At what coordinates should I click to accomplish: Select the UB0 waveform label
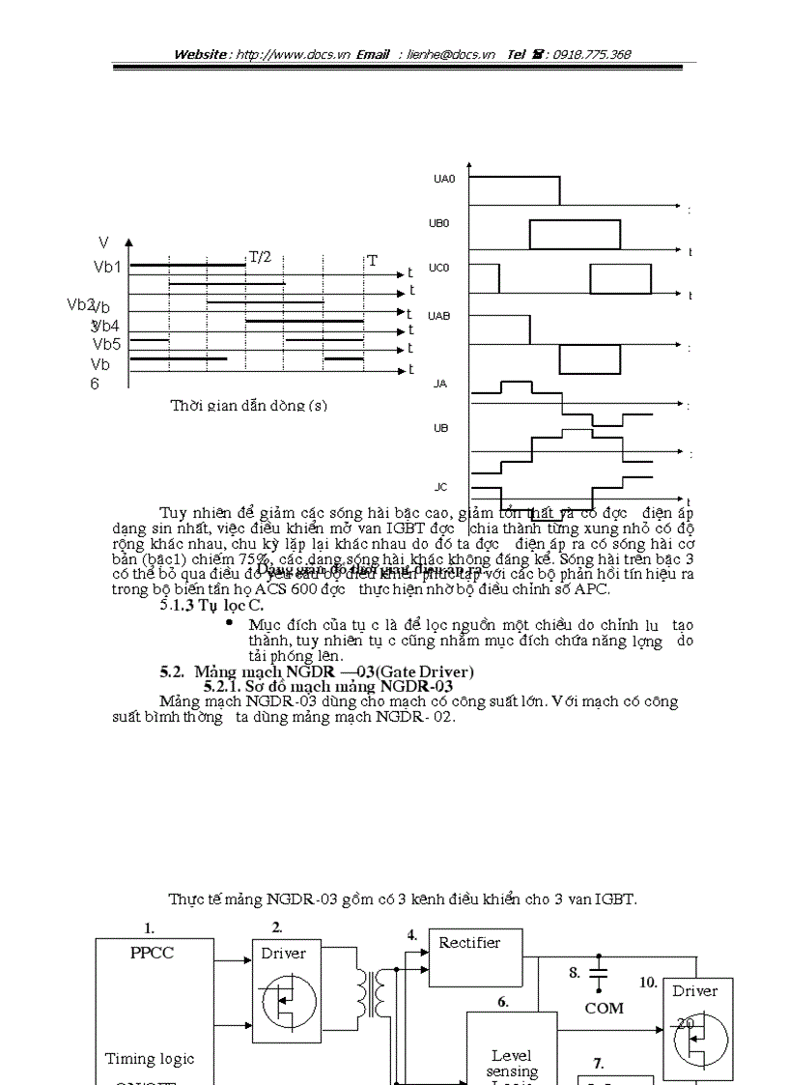coord(439,223)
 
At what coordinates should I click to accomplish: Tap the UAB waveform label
coord(439,316)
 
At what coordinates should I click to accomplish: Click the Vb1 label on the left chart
coord(107,267)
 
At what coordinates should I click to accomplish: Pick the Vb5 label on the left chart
coord(106,344)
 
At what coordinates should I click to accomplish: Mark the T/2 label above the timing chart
coord(261,257)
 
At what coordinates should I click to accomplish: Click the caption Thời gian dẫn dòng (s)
coord(248,406)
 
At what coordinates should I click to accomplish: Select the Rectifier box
coord(470,943)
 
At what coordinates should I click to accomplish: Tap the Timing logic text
coord(150,1059)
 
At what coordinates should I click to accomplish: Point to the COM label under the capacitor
coord(605,1008)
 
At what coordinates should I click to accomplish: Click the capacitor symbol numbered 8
coord(600,973)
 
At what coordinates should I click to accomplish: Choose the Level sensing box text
coord(512,1064)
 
